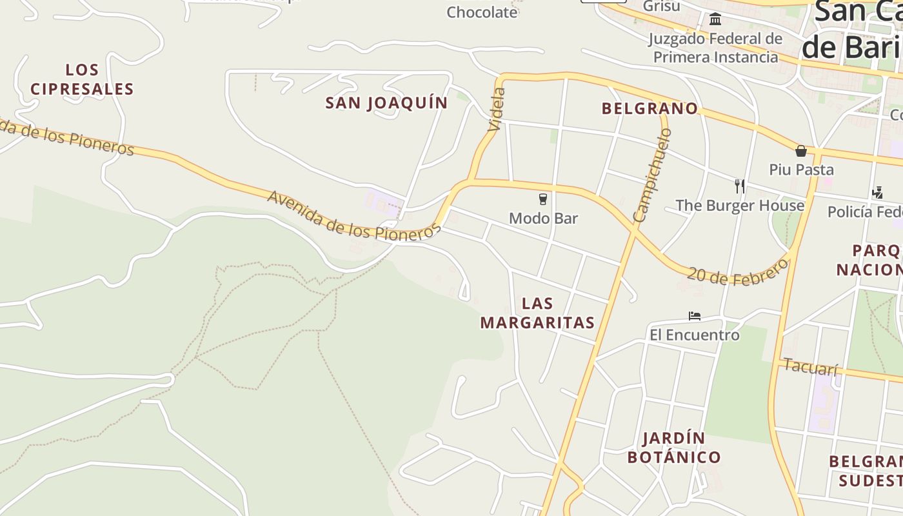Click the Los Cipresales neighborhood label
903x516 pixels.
tap(82, 79)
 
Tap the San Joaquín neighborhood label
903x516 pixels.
tap(386, 103)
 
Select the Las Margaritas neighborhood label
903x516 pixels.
tap(537, 313)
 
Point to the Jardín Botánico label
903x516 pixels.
tap(674, 448)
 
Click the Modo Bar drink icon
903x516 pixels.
tap(543, 199)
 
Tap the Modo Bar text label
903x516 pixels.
tap(543, 218)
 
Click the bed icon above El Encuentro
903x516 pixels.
tap(694, 316)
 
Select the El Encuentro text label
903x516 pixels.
tap(694, 335)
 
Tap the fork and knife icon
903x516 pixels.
tap(740, 186)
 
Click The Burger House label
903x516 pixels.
tap(740, 206)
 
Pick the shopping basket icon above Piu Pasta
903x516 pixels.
tap(801, 151)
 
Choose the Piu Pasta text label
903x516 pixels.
tap(801, 170)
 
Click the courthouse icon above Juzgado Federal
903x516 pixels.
tap(715, 19)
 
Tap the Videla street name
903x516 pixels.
tap(497, 110)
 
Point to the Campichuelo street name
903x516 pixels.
tap(653, 175)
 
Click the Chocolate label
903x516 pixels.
tap(482, 12)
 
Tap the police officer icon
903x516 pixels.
tap(877, 192)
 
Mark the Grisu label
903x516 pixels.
tap(661, 6)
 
